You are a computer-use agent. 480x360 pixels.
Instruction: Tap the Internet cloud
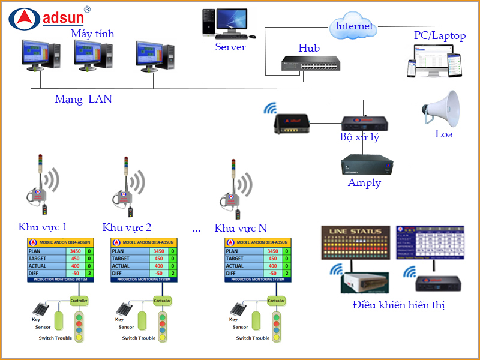coord(354,26)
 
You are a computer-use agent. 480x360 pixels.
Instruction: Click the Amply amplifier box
coord(365,164)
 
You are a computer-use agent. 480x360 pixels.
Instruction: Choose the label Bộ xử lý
coord(359,137)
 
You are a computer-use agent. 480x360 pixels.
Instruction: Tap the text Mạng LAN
coord(83,99)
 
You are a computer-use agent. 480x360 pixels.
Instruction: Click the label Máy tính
coord(92,34)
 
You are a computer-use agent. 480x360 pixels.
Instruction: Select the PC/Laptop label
coord(439,36)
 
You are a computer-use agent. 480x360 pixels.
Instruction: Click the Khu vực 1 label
coord(43,227)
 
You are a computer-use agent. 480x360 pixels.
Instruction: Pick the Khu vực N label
coord(241,228)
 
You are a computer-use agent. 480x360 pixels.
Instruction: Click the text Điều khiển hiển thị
coord(399,305)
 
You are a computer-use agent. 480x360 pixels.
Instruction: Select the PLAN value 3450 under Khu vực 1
coord(75,251)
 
